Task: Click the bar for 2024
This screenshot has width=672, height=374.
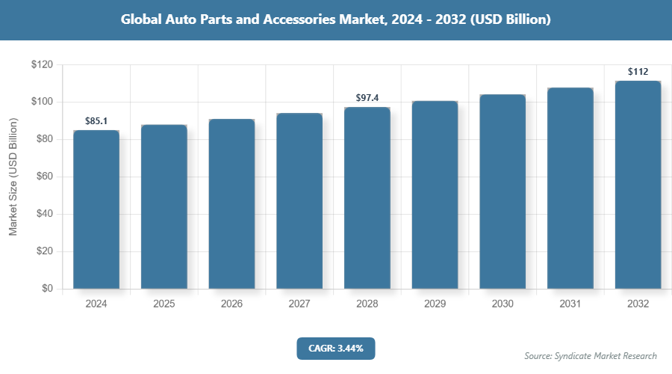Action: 96,209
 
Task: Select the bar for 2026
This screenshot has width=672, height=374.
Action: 231,203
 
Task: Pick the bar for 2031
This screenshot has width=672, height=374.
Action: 570,188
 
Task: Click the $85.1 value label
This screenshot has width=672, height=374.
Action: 96,120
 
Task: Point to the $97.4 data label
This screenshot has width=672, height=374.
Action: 367,98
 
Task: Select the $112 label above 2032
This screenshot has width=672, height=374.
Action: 638,72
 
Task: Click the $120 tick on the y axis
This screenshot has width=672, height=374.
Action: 41,65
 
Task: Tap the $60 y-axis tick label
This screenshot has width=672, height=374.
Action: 43,177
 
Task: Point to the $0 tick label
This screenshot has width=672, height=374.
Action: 46,289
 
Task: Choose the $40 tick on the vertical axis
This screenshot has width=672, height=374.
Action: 43,214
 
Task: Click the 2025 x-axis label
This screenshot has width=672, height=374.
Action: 164,304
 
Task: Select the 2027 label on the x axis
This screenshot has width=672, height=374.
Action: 299,304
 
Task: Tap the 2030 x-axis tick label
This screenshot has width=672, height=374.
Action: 503,304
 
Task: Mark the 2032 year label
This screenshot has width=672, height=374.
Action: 638,304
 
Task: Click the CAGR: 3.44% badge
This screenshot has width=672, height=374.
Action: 335,348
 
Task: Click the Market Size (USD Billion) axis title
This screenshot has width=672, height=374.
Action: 13,177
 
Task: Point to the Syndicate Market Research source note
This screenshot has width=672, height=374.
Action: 590,355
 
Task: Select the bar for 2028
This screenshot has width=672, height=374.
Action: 367,198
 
